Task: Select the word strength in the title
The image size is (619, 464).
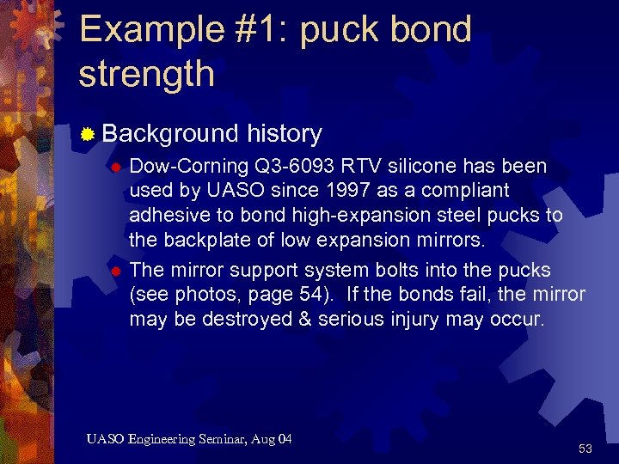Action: pos(146,74)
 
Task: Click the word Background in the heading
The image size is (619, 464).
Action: pos(169,133)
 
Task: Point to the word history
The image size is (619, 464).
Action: pos(284,133)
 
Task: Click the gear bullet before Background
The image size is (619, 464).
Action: pos(87,134)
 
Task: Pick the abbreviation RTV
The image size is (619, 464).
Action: pos(356,165)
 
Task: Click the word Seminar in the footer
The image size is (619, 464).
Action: pos(214,439)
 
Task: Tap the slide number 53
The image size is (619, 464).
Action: pos(585,448)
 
